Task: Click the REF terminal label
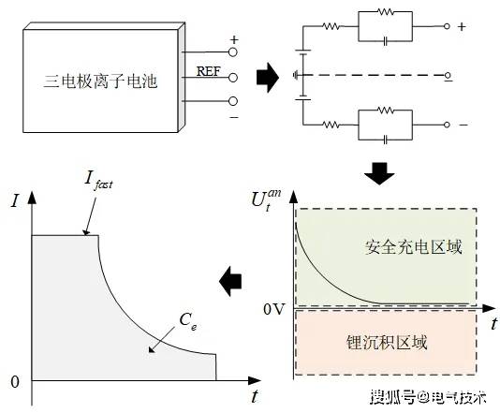coord(208,71)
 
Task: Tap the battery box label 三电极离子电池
coord(100,81)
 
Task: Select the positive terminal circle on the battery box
coord(233,52)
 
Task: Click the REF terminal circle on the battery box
coord(233,78)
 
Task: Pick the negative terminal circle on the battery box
coord(233,101)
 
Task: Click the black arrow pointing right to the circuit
coord(268,78)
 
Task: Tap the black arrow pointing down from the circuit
coord(379,173)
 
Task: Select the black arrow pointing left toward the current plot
coord(230,281)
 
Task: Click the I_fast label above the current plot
coord(98,181)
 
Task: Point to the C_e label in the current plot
coord(188,320)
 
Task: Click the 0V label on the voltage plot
coord(273,309)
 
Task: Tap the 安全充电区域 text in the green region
coord(413,247)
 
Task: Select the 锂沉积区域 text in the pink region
coord(387,343)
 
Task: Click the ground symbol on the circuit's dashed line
coord(297,75)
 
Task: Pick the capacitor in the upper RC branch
coord(385,41)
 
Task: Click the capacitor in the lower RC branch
coord(385,140)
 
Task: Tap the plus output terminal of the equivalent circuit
coord(447,26)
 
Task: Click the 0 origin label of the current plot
coord(15,382)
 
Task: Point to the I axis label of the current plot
coord(15,201)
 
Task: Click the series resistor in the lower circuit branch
coord(331,125)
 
